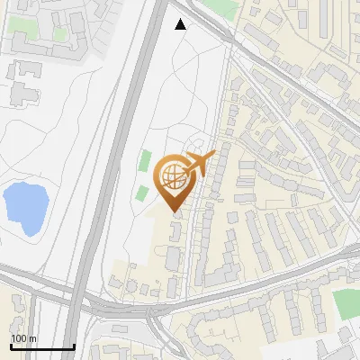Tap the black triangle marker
pos(181,24)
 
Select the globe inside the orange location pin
pos(175,177)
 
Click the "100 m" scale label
pos(24,338)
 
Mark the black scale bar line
pos(41,346)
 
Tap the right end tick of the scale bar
pos(74,345)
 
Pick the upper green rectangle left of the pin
pos(145,162)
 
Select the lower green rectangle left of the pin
pos(141,192)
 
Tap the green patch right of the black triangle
pos(220,8)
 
